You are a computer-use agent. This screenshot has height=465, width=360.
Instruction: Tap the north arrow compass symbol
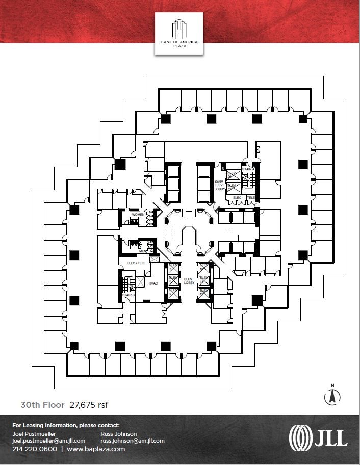[332, 395]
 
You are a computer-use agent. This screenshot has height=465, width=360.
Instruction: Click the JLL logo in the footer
[318, 437]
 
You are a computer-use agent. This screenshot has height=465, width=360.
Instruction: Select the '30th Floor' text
[42, 405]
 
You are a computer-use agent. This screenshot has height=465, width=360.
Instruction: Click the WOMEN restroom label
[138, 215]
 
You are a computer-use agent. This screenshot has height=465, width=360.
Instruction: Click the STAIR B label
[128, 295]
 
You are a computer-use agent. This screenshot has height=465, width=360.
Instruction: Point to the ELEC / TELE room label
[136, 263]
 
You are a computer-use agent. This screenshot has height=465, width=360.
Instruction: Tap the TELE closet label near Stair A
[251, 197]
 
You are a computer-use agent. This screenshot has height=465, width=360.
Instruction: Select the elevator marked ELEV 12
[203, 292]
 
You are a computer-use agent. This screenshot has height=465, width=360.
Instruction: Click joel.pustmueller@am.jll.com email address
[48, 441]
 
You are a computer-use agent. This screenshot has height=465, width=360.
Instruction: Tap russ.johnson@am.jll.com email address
[133, 441]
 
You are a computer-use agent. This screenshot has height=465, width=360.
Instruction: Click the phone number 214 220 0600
[34, 449]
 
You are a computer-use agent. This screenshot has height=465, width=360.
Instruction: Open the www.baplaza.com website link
[96, 449]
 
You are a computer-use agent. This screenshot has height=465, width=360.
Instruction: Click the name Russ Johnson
[119, 434]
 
